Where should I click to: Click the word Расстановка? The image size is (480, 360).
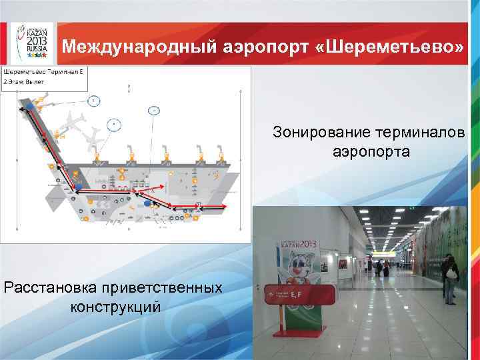pos(51,289)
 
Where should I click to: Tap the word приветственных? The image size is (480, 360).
pos(161,289)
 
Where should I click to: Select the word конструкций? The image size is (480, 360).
pos(115,307)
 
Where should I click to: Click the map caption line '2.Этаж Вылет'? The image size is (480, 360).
pos(25,81)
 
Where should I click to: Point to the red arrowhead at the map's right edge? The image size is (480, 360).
pos(223,209)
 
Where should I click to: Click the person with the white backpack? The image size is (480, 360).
pos(451,274)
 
